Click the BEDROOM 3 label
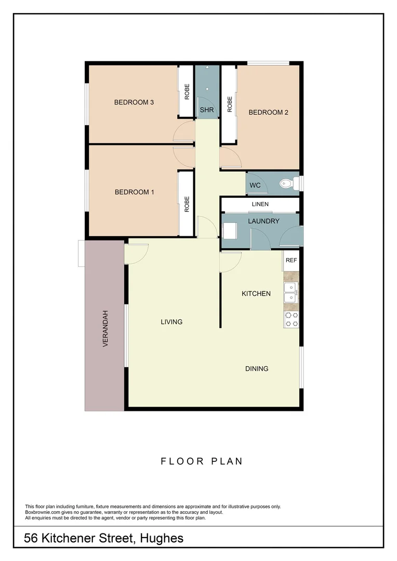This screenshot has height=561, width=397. (134, 102)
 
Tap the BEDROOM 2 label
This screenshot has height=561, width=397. (268, 112)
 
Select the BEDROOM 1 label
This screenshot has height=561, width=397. (134, 192)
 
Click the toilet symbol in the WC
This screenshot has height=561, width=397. (287, 183)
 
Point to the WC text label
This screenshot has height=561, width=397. (255, 185)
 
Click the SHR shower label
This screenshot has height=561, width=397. (207, 110)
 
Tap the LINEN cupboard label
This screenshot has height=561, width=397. (260, 204)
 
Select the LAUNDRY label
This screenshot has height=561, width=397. (263, 221)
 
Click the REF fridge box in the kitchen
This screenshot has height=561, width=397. (291, 260)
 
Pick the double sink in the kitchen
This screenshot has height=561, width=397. (290, 292)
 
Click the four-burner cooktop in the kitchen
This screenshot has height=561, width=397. (291, 319)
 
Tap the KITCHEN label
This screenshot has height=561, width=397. (256, 293)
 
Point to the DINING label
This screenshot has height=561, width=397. (257, 369)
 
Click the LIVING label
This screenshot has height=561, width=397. (171, 322)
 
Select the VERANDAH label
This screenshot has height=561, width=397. (105, 328)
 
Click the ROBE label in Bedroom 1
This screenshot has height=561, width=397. (187, 204)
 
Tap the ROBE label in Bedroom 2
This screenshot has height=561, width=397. (230, 104)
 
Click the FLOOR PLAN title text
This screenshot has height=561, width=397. (202, 461)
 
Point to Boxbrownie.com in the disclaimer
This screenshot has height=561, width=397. (42, 512)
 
